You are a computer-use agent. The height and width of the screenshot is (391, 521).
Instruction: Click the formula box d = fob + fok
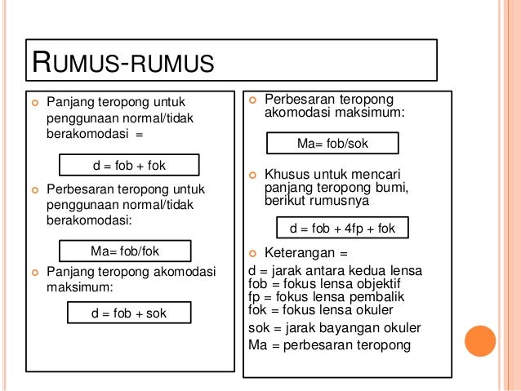pos(129,166)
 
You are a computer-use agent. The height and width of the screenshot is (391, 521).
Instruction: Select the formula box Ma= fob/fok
pos(127,251)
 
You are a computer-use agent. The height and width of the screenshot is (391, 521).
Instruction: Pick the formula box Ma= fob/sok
pos(332,144)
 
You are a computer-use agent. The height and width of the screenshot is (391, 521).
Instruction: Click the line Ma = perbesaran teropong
pos(329,344)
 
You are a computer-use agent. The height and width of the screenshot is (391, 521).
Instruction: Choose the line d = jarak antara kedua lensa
pos(341,271)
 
